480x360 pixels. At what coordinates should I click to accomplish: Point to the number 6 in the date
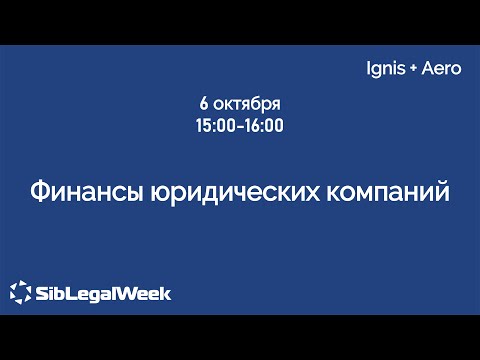[x=204, y=105]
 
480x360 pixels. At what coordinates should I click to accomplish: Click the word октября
[x=247, y=105]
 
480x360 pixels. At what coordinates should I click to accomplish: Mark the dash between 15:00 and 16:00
[x=241, y=127]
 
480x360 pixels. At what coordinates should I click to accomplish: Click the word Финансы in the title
[x=81, y=191]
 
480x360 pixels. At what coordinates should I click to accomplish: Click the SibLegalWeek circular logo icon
[x=20, y=293]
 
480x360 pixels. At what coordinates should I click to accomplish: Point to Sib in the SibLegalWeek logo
[x=53, y=294]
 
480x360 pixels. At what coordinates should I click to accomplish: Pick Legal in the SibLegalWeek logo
[x=94, y=294]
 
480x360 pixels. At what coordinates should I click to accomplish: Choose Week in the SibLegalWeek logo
[x=145, y=294]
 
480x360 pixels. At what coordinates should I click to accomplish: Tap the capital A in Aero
[x=429, y=72]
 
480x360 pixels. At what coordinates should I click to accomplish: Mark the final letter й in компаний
[x=441, y=190]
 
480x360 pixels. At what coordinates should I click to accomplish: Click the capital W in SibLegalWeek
[x=128, y=294]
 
